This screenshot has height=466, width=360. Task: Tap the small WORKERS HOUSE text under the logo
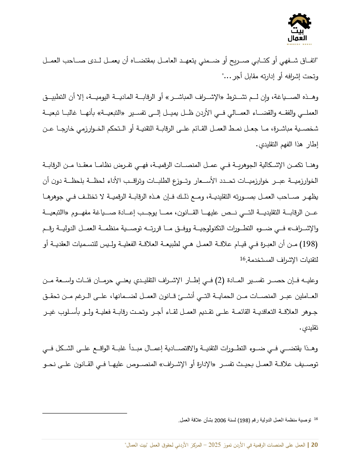(299, 44)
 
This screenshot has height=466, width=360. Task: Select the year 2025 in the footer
(214, 445)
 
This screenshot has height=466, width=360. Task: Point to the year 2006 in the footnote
(220, 420)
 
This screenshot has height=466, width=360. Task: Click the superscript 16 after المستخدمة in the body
(243, 258)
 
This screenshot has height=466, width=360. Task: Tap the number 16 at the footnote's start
(316, 419)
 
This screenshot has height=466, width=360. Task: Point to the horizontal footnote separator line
(84, 413)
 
